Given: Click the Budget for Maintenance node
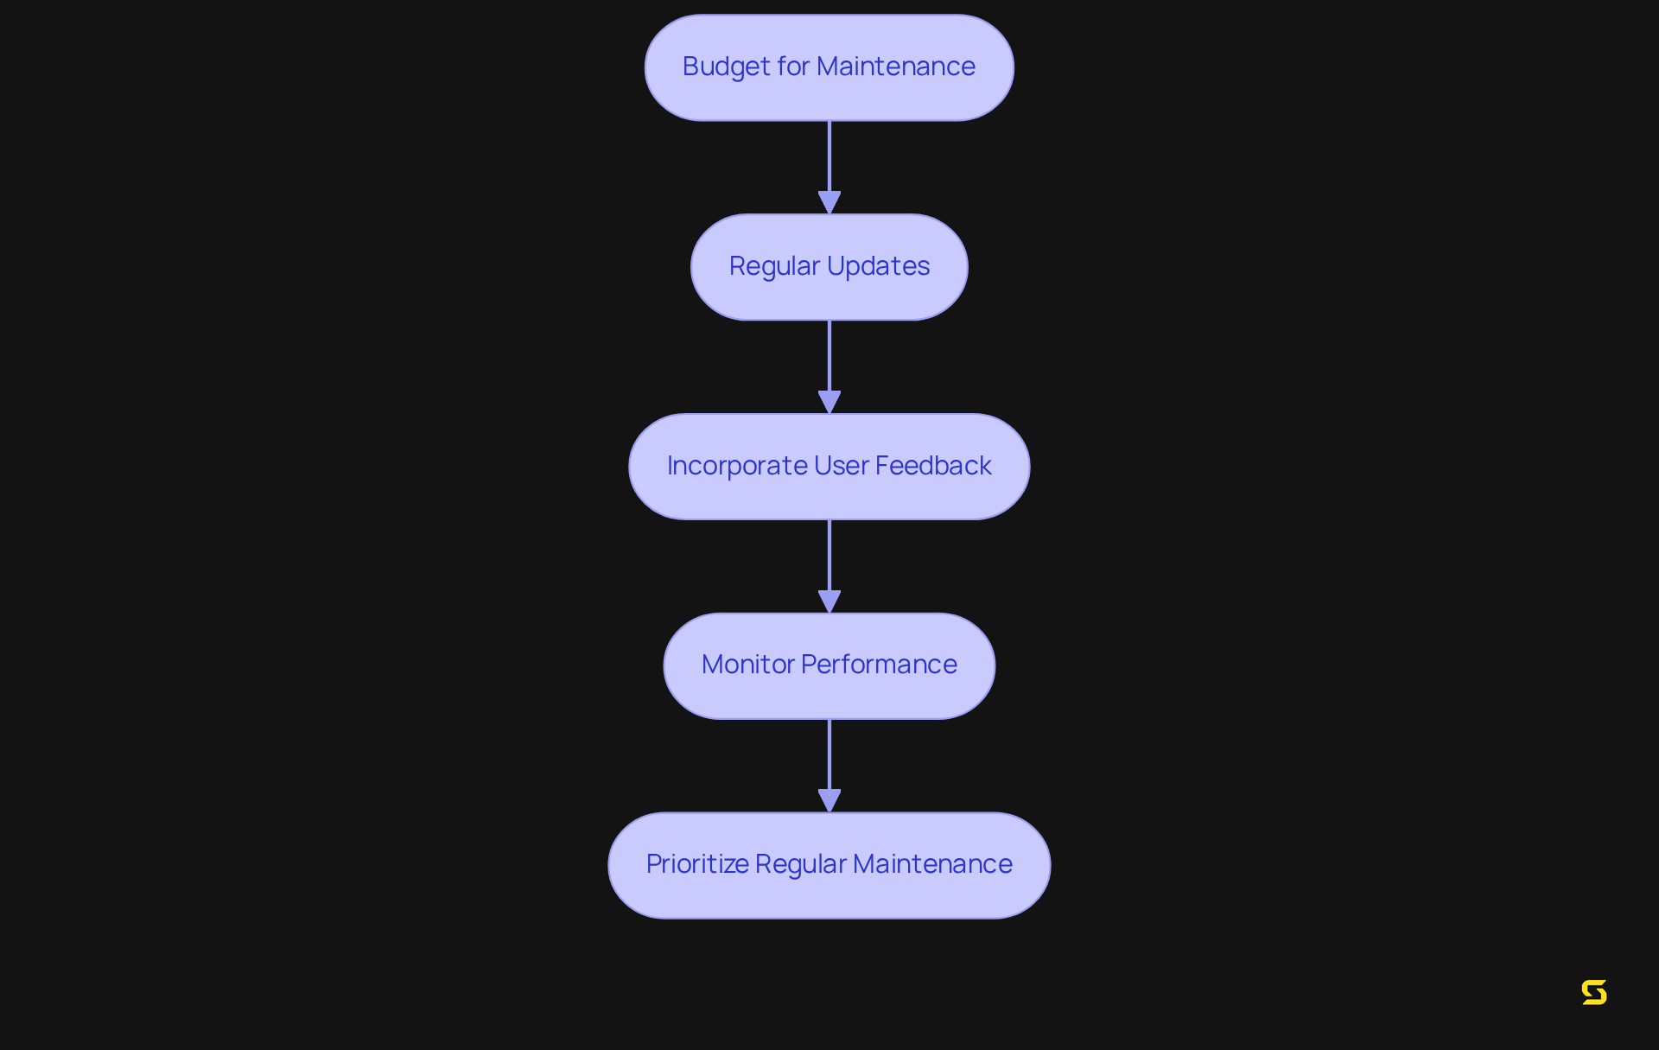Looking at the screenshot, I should pos(829,67).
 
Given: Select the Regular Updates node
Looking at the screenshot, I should pos(829,267).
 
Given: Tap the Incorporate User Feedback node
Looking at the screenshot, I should pos(829,467).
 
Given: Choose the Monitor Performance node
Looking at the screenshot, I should pos(829,665).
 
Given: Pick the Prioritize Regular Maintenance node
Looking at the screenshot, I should pos(829,865).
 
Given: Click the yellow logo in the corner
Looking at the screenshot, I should pos(1593,992).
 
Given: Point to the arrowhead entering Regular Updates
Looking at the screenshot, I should pos(829,202).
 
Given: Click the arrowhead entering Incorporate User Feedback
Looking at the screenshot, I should pos(829,402).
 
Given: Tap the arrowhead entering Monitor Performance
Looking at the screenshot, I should pos(829,601).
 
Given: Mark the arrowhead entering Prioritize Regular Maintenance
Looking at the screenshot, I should pos(829,800).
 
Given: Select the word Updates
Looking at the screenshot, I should pos(878,266).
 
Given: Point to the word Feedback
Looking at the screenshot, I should pos(933,466).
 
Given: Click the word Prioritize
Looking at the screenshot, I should pos(697,864).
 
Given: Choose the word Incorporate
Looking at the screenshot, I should pos(737,466).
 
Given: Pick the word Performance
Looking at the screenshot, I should pos(879,665).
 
